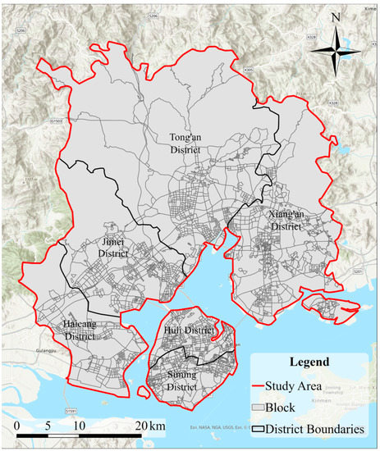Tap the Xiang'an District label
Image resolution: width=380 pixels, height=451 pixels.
tap(284, 219)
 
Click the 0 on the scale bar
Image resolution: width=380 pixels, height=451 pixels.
tap(17, 426)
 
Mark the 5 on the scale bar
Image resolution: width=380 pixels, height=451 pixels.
tap(48, 426)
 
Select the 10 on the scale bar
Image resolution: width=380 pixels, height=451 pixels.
tap(79, 426)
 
